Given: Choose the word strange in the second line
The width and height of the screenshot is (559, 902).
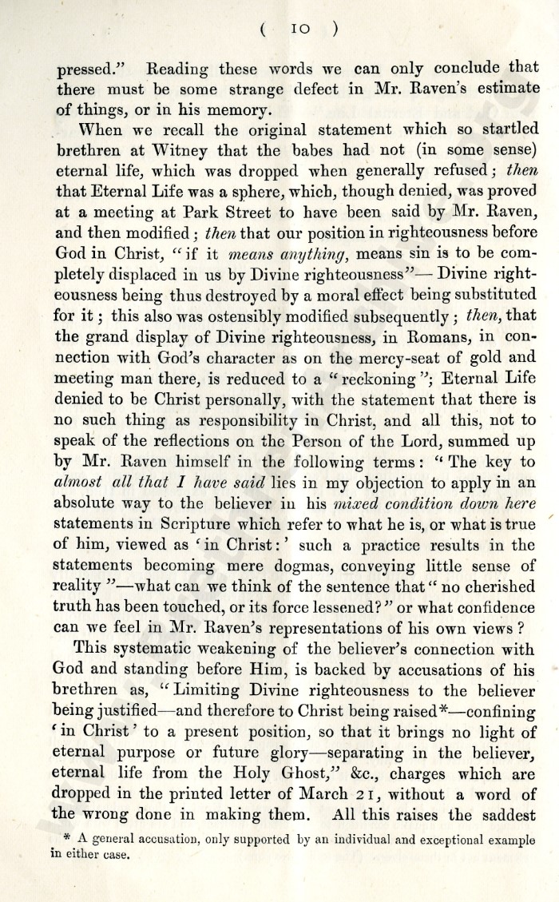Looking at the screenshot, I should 251,87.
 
